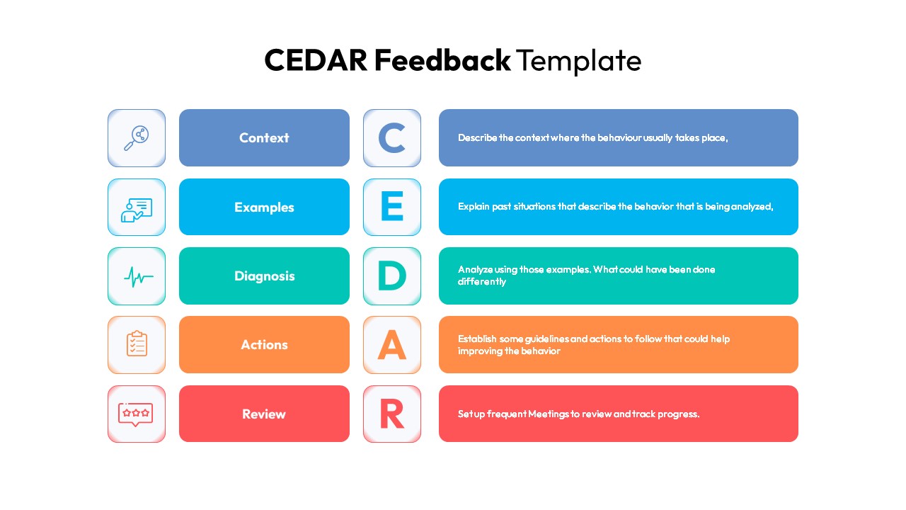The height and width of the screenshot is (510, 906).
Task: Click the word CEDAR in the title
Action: click(316, 60)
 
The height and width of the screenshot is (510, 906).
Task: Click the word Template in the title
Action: click(579, 62)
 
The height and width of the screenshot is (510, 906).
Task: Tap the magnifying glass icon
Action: click(137, 138)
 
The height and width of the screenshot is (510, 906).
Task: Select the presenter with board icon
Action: click(137, 210)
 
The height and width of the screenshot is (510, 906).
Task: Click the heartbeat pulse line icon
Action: click(138, 277)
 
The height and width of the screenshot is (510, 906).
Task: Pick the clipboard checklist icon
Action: click(137, 344)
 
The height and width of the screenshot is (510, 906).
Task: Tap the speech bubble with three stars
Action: click(135, 414)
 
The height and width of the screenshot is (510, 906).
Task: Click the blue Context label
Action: click(264, 137)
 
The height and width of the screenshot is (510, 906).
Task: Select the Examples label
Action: click(264, 207)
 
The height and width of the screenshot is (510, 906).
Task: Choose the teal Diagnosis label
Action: click(264, 276)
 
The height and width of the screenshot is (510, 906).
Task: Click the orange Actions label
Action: click(264, 344)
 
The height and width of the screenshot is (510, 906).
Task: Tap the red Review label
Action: click(264, 414)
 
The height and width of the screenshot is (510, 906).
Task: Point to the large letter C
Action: click(391, 138)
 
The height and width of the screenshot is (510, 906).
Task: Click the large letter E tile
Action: click(392, 207)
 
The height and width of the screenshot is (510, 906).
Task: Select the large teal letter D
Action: click(391, 276)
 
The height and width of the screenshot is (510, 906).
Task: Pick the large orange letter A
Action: click(391, 344)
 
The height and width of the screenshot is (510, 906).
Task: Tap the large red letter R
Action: click(392, 414)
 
